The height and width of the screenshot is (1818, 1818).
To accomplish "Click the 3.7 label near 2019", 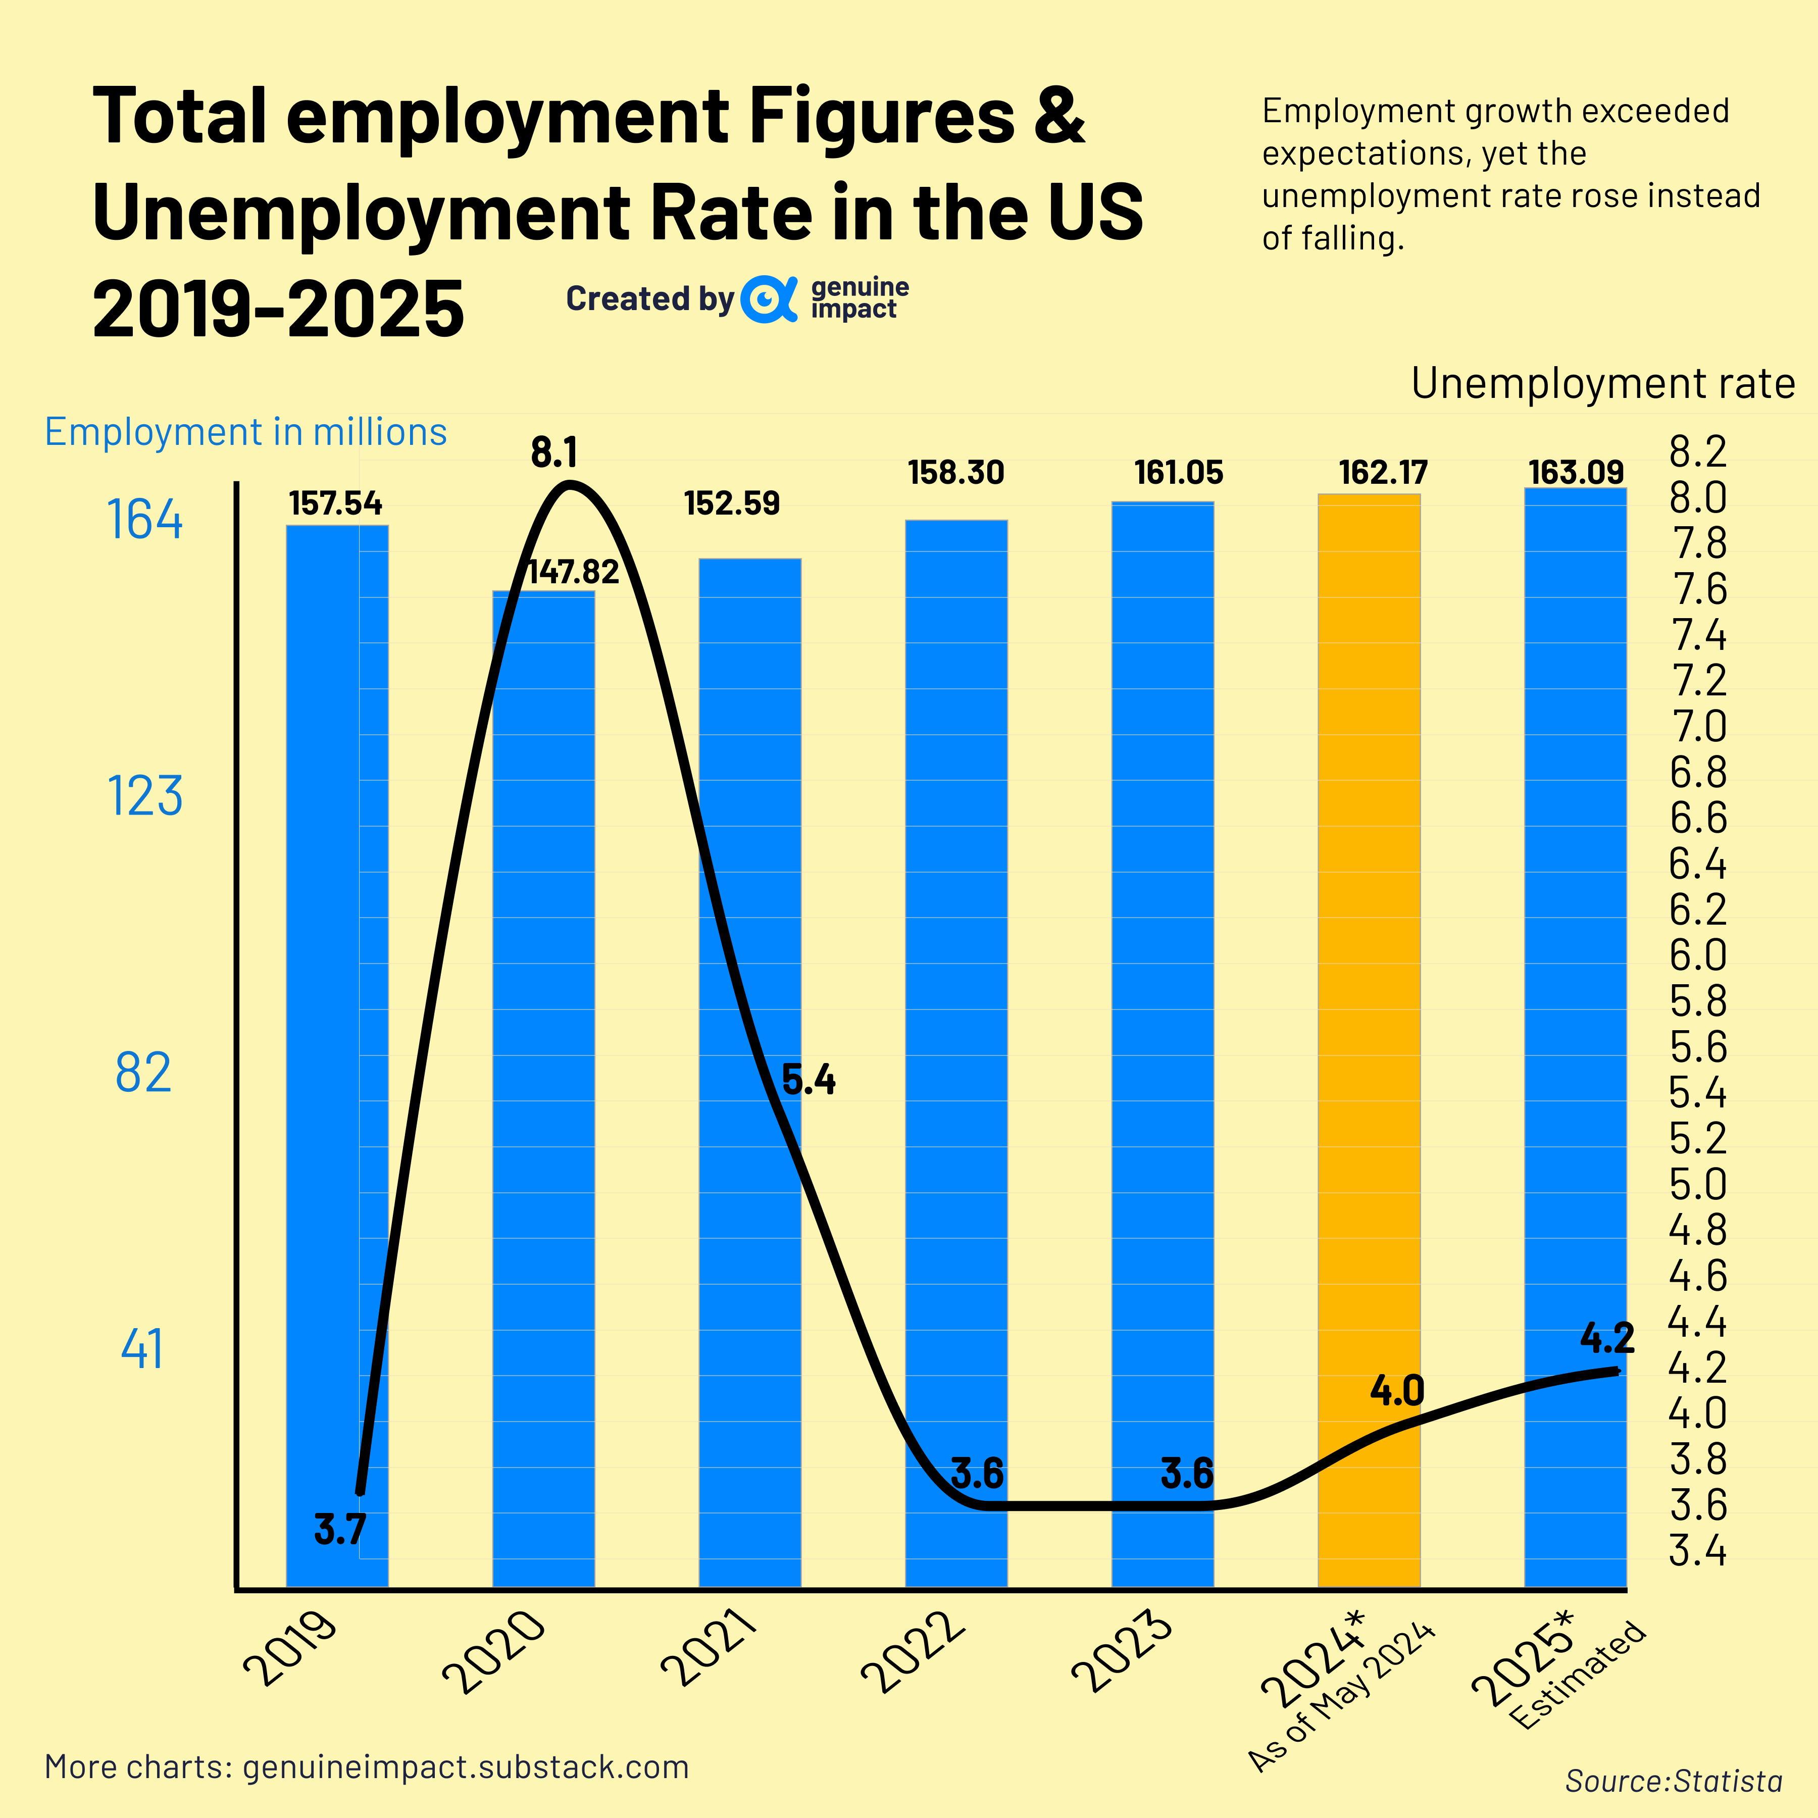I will (340, 1529).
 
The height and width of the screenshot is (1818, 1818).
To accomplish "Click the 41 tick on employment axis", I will (143, 1348).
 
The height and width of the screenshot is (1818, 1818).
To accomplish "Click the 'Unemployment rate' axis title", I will (1602, 384).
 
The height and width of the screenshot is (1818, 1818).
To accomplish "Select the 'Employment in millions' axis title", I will (245, 432).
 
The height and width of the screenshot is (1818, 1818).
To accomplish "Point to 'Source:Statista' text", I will (1673, 1780).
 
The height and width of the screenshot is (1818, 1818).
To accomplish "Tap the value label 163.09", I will (1575, 472).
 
